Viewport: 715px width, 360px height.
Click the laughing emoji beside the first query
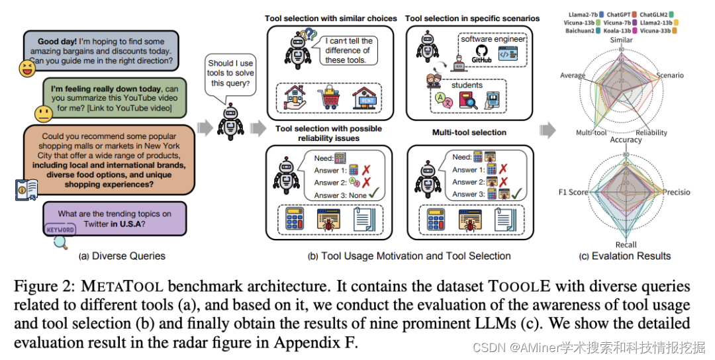coord(27,68)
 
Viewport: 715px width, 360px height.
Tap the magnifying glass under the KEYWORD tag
coord(60,242)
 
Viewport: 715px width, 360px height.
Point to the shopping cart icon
coord(329,100)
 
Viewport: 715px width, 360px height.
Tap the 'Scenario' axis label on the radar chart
coord(669,75)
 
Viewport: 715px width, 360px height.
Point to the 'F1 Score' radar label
coord(573,192)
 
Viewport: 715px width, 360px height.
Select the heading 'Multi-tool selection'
coord(469,132)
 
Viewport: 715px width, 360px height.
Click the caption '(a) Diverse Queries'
coord(122,256)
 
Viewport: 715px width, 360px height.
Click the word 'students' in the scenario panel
coord(467,85)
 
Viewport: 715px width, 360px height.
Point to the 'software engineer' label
coord(493,39)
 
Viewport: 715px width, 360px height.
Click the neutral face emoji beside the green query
coord(44,114)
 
